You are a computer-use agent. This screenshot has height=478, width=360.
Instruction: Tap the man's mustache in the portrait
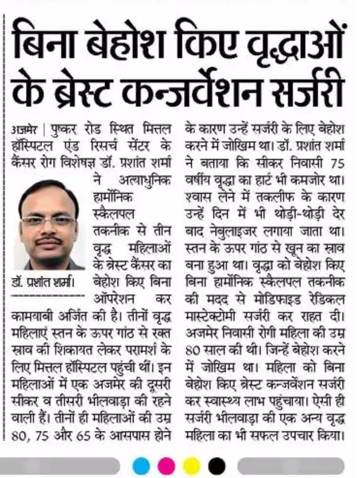(48, 240)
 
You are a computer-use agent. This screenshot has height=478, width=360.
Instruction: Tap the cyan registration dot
(141, 466)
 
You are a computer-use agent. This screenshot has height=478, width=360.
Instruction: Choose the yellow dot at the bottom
(191, 466)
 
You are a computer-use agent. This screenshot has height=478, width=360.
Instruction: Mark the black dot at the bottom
(217, 466)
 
